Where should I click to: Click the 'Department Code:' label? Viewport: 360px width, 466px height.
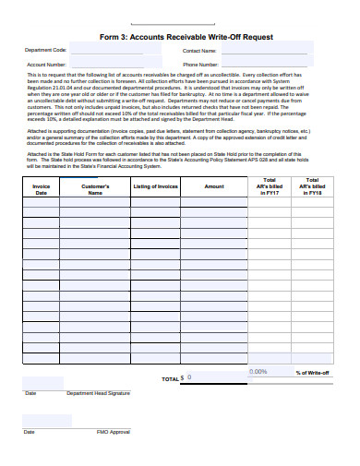pyautogui.click(x=46, y=51)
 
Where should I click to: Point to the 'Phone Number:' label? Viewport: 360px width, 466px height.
pyautogui.click(x=200, y=65)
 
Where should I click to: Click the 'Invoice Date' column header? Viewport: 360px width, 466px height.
pyautogui.click(x=41, y=189)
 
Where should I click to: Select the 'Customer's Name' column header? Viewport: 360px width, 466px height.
pyautogui.click(x=95, y=189)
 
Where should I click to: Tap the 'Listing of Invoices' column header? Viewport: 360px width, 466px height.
pyautogui.click(x=155, y=185)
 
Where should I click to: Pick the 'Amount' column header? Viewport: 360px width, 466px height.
pyautogui.click(x=214, y=185)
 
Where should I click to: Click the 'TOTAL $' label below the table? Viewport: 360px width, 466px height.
pyautogui.click(x=172, y=378)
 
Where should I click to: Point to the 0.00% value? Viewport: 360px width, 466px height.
pyautogui.click(x=258, y=372)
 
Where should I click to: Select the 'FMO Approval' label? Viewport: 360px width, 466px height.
pyautogui.click(x=113, y=432)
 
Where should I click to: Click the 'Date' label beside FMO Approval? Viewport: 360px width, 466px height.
pyautogui.click(x=30, y=432)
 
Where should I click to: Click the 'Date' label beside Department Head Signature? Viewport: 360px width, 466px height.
pyautogui.click(x=30, y=393)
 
